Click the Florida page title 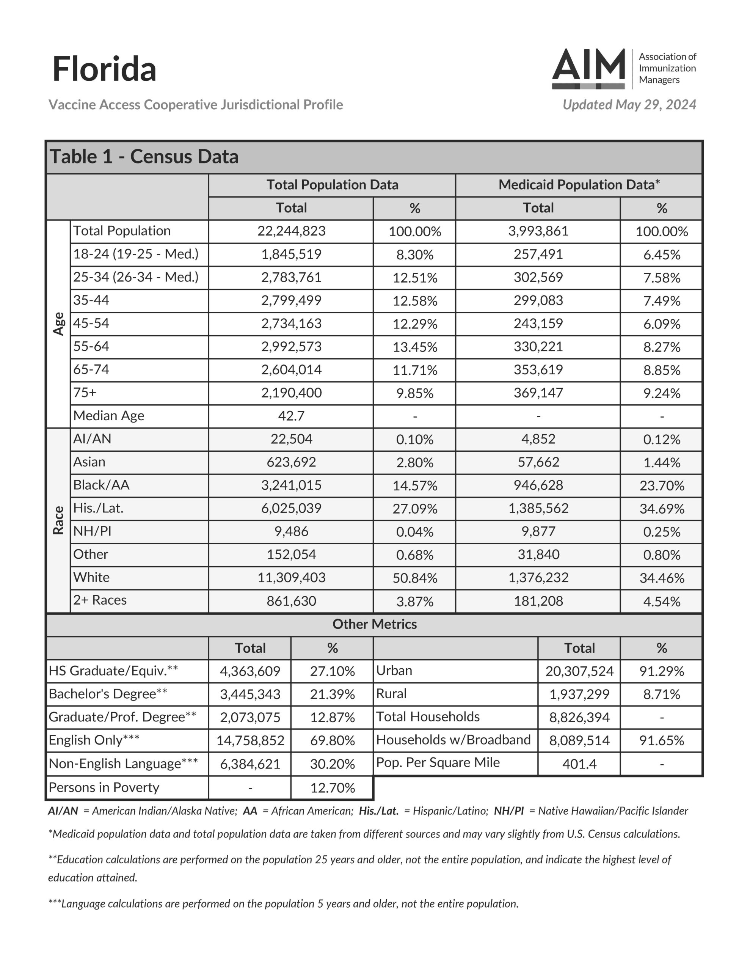[104, 69]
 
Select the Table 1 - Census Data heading [144, 157]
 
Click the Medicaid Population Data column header [579, 184]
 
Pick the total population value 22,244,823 [291, 231]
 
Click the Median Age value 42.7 [291, 416]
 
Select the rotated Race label [59, 520]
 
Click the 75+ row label [85, 393]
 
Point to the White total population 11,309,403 [291, 578]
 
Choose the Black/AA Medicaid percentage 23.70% [662, 485]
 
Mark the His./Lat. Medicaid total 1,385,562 [538, 508]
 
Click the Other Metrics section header [374, 624]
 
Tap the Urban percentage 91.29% [662, 671]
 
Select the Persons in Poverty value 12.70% [332, 788]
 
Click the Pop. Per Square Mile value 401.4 [579, 764]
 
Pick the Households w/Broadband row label [453, 740]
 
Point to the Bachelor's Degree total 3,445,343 [250, 694]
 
